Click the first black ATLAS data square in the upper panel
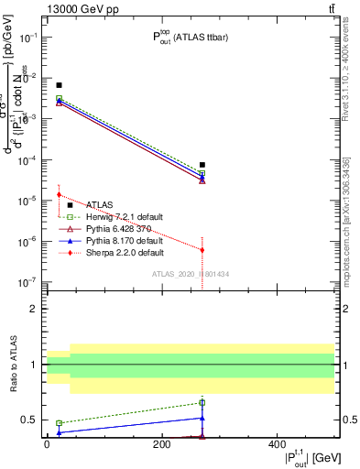[59, 85]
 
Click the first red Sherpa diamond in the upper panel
[59, 194]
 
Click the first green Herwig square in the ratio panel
[59, 423]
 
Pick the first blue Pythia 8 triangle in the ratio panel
[59, 431]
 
